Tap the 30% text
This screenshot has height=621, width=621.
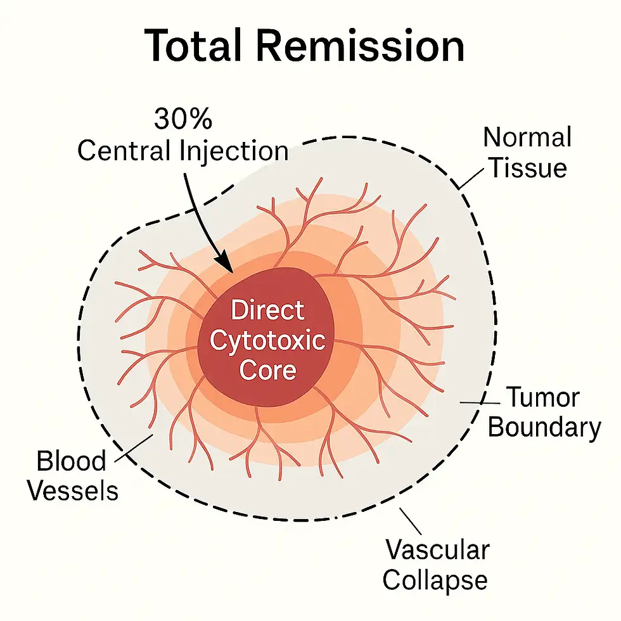[182, 120]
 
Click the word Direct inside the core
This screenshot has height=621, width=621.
[267, 311]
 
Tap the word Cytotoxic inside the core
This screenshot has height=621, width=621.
[267, 340]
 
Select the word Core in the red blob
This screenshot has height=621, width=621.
[267, 369]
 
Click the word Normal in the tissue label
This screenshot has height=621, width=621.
[527, 138]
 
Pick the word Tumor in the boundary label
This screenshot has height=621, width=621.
[542, 398]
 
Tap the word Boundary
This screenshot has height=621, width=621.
[544, 428]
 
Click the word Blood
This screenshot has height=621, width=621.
[71, 461]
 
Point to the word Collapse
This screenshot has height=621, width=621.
[435, 580]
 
